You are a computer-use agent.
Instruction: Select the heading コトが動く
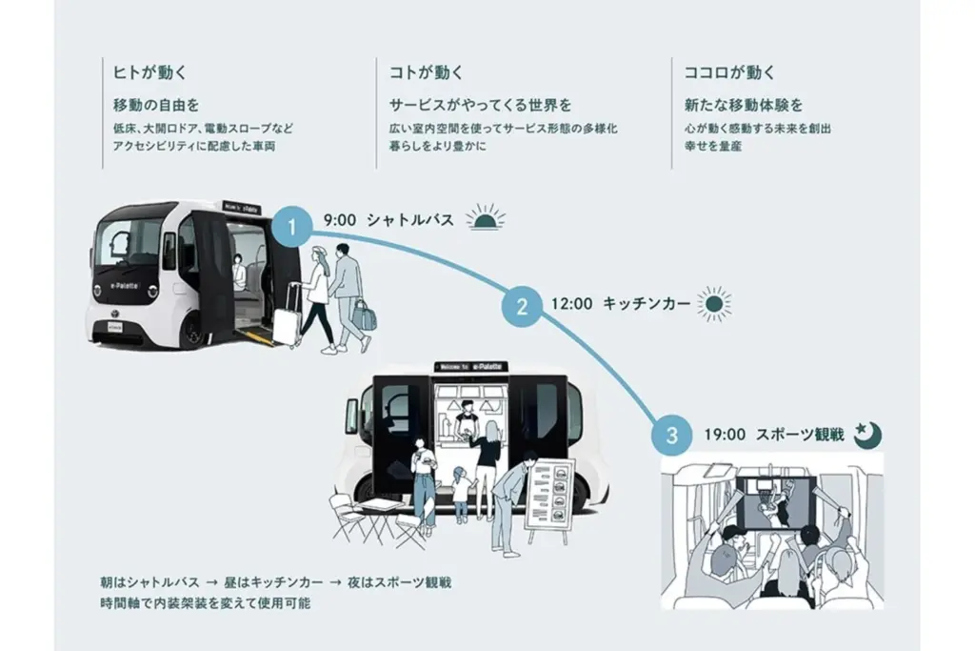pos(427,71)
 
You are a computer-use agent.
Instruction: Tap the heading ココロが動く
pos(729,71)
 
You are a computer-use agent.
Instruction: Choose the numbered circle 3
pos(672,436)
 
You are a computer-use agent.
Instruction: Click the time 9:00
pos(340,219)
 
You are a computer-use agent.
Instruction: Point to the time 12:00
pos(571,304)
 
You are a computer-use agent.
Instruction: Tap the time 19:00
pos(725,435)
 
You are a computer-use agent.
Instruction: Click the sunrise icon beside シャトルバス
pos(487,218)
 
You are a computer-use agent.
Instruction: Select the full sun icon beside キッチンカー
pos(713,304)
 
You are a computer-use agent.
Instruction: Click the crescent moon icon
pos(866,434)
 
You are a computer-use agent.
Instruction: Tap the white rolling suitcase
pos(286,317)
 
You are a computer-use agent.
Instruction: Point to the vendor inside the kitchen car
pos(465,420)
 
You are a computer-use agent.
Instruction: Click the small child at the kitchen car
pos(461,493)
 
